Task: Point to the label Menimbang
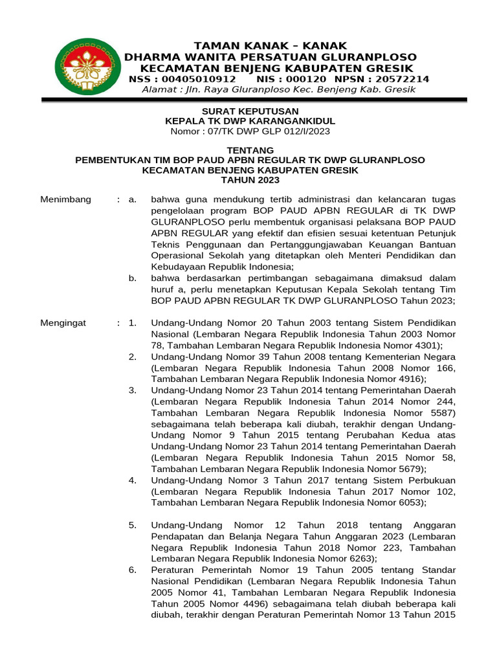pyautogui.click(x=66, y=199)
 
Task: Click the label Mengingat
pyautogui.click(x=63, y=322)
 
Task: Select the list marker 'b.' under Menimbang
pyautogui.click(x=132, y=278)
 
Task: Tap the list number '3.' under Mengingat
pyautogui.click(x=132, y=390)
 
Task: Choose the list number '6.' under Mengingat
pyautogui.click(x=132, y=570)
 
